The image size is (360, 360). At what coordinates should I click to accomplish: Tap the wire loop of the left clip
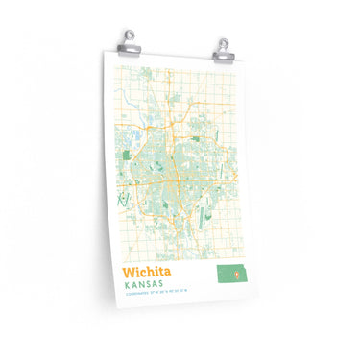point(130,36)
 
